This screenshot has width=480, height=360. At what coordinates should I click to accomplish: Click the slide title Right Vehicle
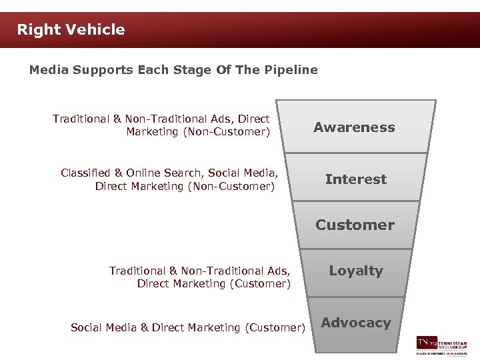71,29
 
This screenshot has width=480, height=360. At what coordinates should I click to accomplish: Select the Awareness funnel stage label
354,127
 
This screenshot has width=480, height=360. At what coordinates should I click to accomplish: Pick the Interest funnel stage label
355,179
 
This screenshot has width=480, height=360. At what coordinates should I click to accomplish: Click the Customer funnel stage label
355,225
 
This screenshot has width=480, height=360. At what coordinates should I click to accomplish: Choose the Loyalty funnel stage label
356,271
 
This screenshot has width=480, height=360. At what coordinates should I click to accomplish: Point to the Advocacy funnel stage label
356,323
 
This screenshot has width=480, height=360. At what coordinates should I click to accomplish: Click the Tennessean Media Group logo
442,344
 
